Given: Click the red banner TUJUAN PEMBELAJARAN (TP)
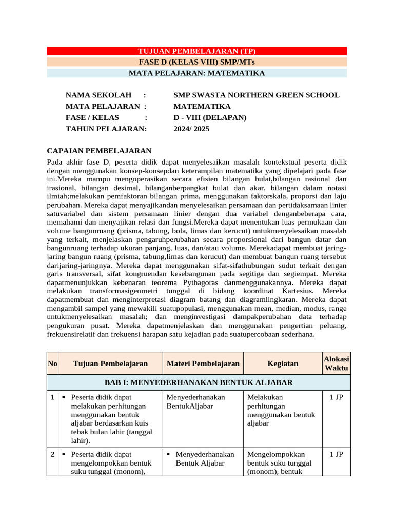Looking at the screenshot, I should coord(197,51).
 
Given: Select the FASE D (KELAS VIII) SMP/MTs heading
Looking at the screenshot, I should coord(197,62).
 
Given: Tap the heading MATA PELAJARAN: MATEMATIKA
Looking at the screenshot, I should coord(197,73).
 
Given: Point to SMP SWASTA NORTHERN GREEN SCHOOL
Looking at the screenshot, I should coord(256,95).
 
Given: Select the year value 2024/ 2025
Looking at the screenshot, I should coord(191,129).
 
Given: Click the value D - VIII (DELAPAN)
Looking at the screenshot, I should coord(210,118).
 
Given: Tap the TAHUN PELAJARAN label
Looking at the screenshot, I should coord(106,129).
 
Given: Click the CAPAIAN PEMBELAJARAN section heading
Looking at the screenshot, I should coord(99,151).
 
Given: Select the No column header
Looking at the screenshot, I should coord(52,364).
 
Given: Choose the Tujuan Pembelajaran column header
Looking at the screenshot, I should coord(110,364).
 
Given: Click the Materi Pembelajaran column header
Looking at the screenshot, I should coord(203,364).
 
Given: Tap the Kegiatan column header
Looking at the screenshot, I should coord(283,364).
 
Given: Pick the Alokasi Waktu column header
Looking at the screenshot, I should coord(336,364).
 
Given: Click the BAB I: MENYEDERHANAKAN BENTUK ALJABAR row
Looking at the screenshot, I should coord(199,382).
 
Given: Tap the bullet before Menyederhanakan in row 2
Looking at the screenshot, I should coord(168,455).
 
